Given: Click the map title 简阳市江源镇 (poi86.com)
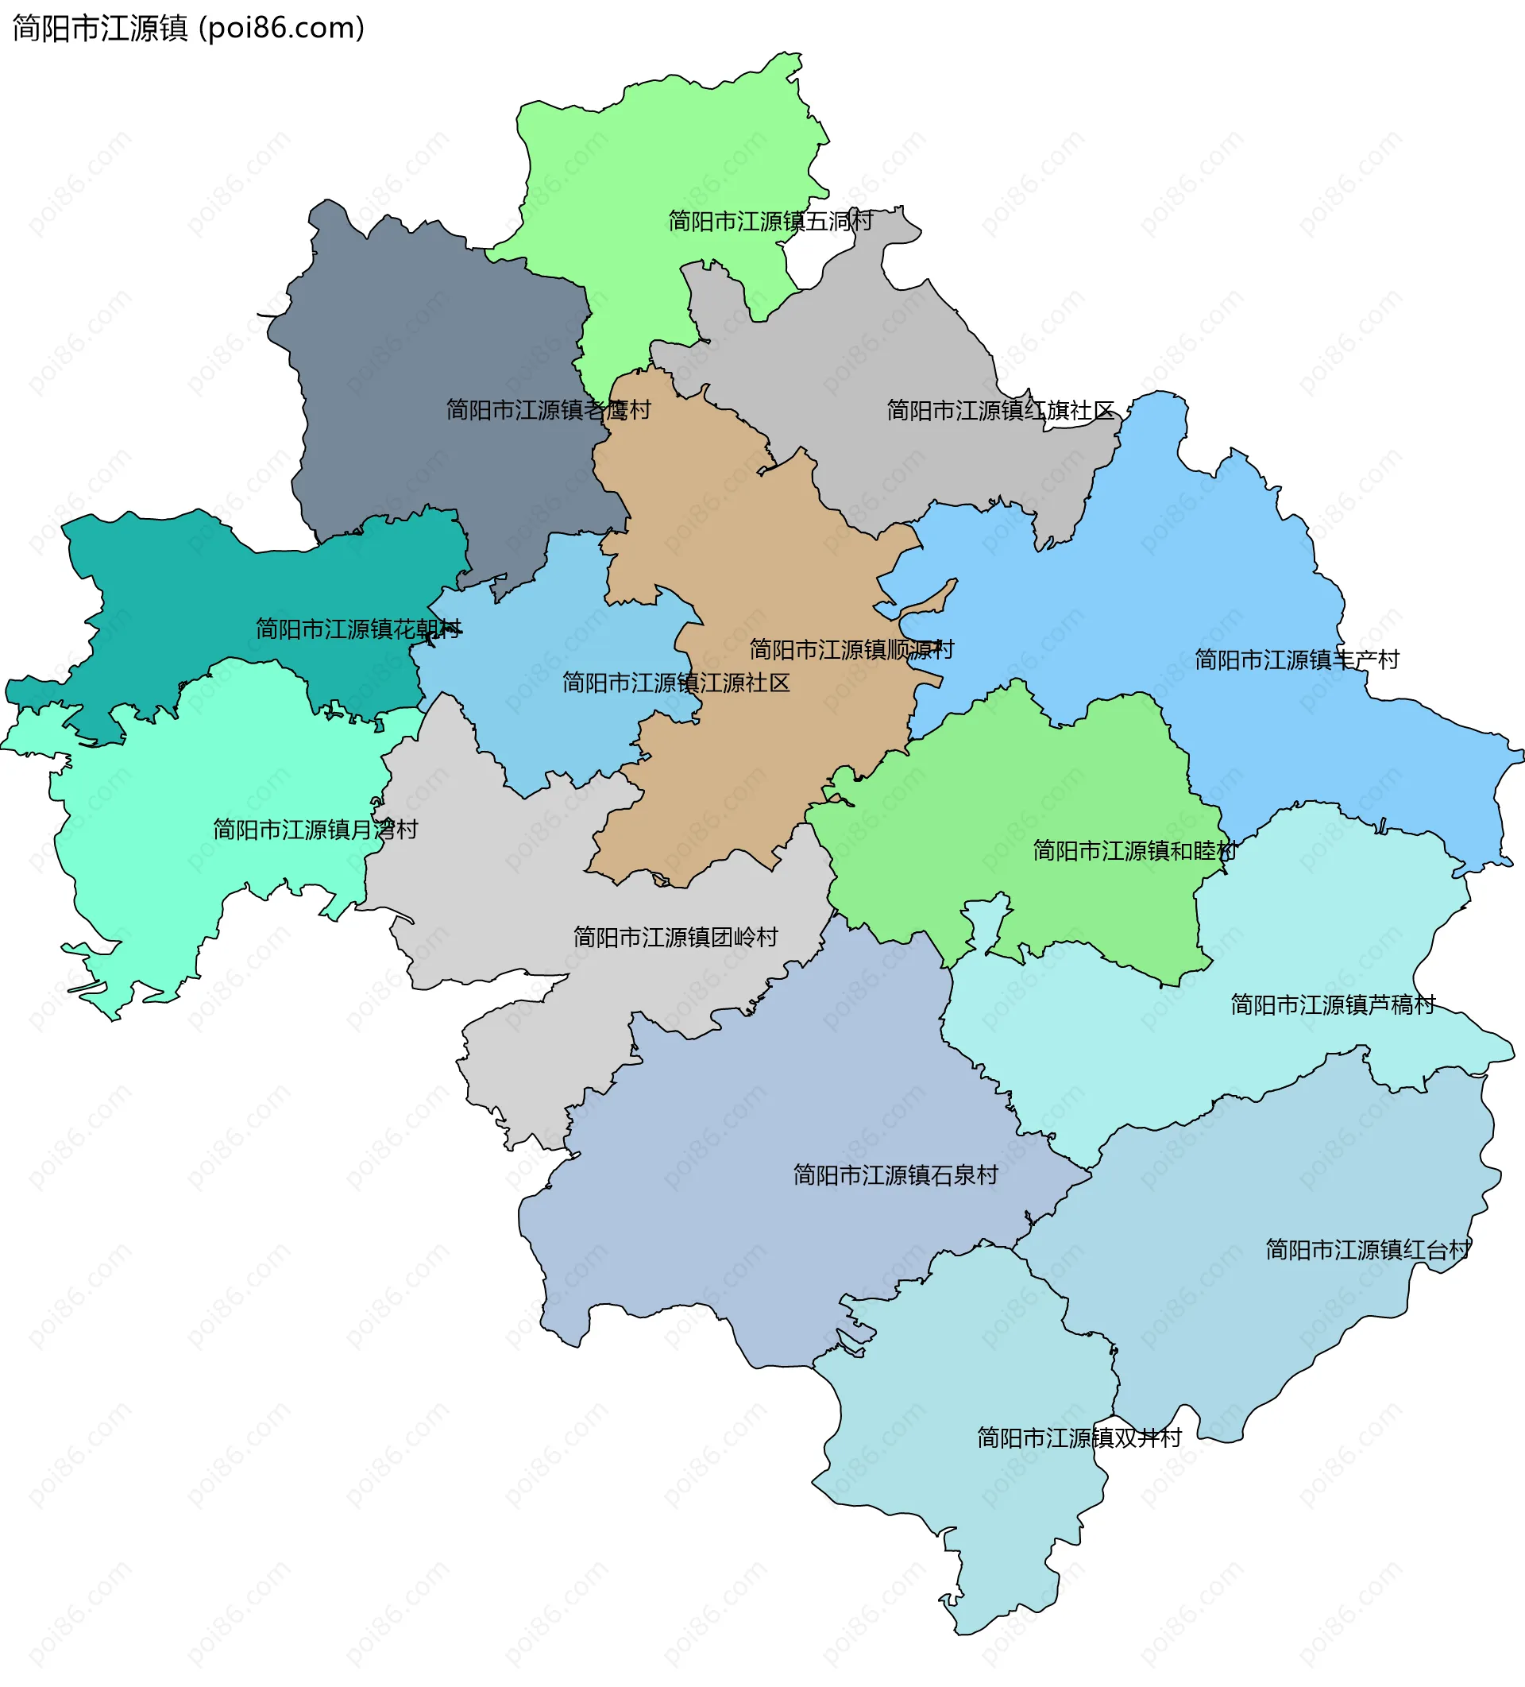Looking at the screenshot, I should [188, 29].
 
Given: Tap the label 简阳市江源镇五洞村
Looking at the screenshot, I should [770, 221].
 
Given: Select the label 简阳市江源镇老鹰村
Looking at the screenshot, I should [548, 409].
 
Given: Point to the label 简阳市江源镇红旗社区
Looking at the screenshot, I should [1000, 410].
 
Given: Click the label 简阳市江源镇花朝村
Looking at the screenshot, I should [358, 629].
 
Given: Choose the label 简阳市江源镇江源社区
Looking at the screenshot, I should [676, 683].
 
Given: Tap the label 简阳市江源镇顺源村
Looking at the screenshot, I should [851, 649].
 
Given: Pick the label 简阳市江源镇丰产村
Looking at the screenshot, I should [1295, 660].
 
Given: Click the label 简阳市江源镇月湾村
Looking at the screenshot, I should [315, 830].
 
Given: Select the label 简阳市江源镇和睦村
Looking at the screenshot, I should [1133, 850].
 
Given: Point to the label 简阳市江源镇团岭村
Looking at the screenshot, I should [675, 936].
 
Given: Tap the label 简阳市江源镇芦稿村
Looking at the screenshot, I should [1333, 1004].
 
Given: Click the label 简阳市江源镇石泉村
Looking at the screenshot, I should [895, 1175].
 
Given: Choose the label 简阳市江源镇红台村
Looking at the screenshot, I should [1367, 1249].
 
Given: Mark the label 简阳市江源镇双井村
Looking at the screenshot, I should [1079, 1437].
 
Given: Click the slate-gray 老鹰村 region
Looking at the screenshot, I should [419, 335].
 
